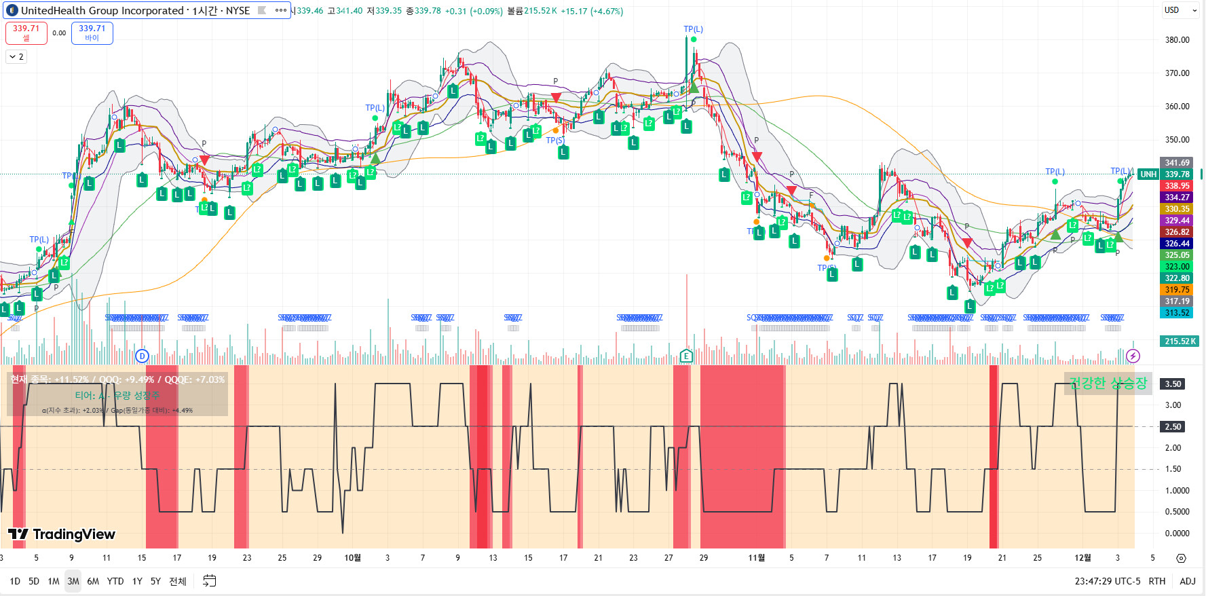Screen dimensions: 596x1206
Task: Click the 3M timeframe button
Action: (73, 581)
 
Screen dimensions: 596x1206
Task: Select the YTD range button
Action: (115, 581)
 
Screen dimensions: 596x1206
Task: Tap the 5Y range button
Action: (155, 581)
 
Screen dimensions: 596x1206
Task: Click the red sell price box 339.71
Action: (26, 33)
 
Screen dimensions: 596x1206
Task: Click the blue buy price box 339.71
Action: (92, 33)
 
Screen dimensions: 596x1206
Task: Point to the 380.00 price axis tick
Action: (1177, 40)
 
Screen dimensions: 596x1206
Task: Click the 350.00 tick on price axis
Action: (1177, 140)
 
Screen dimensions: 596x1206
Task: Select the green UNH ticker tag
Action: (1148, 174)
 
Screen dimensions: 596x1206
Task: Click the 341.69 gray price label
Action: (1177, 163)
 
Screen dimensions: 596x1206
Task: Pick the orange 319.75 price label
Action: (1177, 290)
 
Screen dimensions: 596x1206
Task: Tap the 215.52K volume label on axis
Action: (1180, 341)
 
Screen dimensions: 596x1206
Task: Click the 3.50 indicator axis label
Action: (1173, 384)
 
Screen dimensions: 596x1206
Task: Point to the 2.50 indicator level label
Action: (1173, 427)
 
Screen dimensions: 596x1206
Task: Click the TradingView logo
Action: (62, 534)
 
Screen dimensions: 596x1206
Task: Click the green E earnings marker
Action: (686, 356)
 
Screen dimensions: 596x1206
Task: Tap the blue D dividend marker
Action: (142, 356)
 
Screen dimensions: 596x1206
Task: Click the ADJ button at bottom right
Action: (1187, 581)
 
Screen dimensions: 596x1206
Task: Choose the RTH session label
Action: (1156, 581)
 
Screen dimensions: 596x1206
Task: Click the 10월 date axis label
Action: (352, 558)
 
